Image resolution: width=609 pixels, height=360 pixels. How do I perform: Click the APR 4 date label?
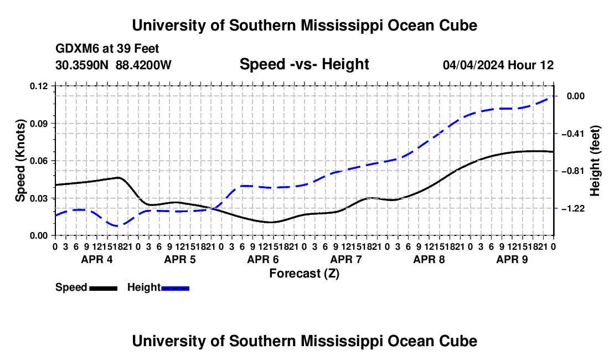pyautogui.click(x=97, y=259)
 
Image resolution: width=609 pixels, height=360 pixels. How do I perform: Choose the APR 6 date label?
pyautogui.click(x=263, y=259)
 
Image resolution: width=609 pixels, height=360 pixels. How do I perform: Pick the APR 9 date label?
pyautogui.click(x=512, y=259)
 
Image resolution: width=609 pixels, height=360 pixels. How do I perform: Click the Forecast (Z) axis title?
pyautogui.click(x=304, y=274)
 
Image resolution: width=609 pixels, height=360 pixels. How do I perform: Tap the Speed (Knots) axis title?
pyautogui.click(x=20, y=161)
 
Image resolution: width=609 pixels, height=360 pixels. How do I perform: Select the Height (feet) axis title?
pyautogui.click(x=595, y=161)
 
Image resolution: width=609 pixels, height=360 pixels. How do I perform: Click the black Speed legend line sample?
pyautogui.click(x=104, y=288)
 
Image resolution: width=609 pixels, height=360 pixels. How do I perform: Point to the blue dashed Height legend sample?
pyautogui.click(x=175, y=288)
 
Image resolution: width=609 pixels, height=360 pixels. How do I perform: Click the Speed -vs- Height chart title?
pyautogui.click(x=304, y=64)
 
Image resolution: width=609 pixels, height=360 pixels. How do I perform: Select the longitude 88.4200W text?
pyautogui.click(x=143, y=65)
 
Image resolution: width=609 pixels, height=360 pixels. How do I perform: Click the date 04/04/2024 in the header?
pyautogui.click(x=474, y=65)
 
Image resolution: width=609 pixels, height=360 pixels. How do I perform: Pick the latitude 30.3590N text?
pyautogui.click(x=82, y=65)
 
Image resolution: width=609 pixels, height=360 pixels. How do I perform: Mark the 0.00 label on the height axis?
pyautogui.click(x=576, y=96)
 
